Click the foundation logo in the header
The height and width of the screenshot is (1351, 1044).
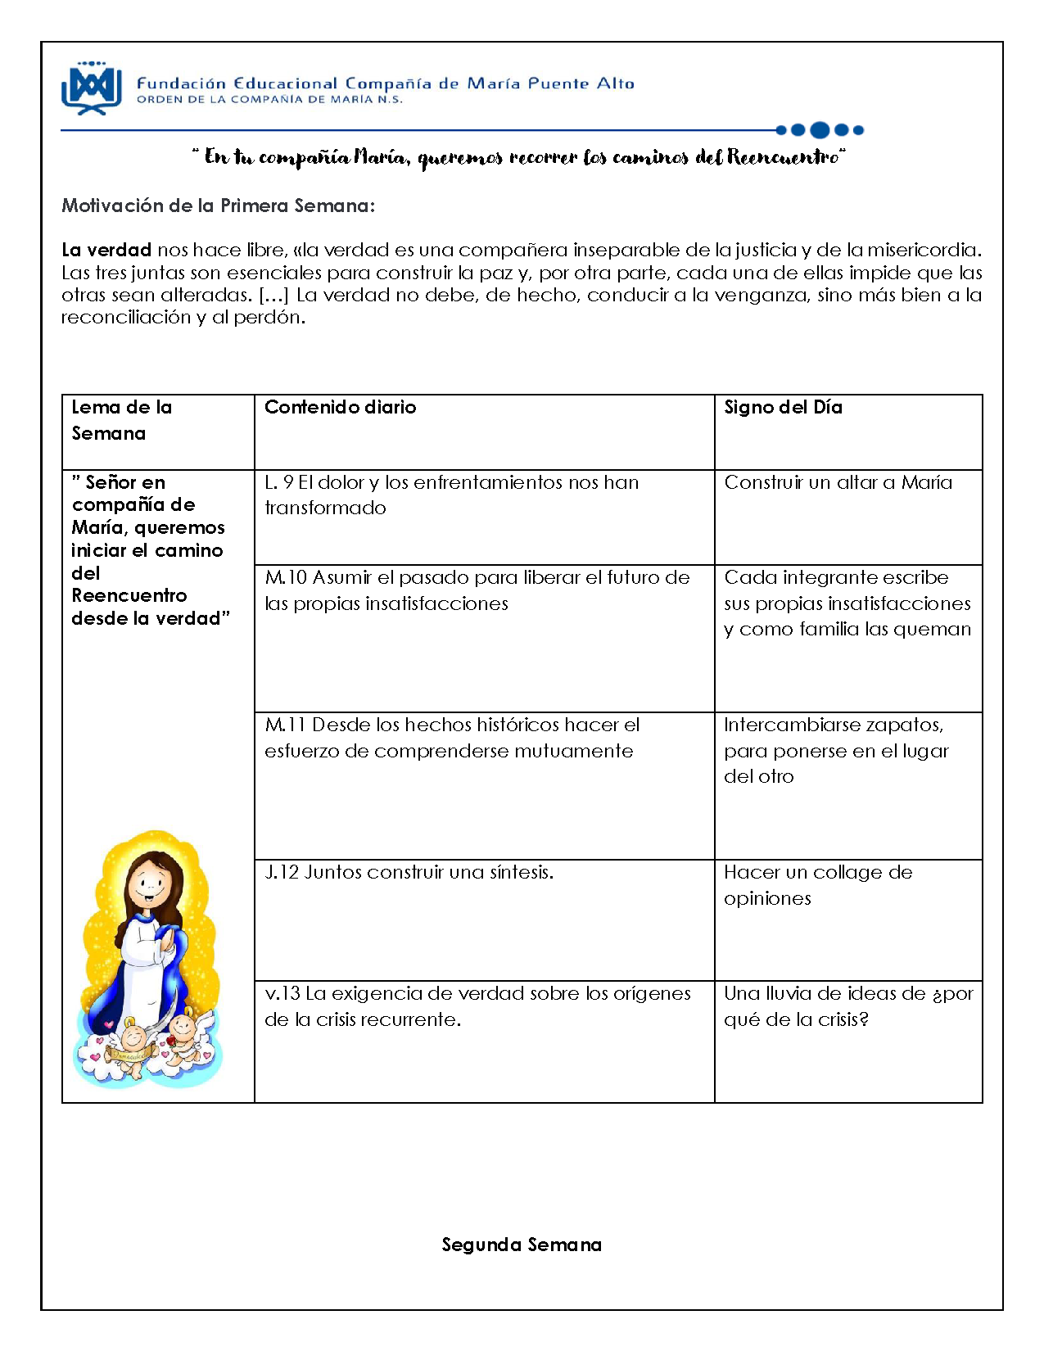[x=92, y=88]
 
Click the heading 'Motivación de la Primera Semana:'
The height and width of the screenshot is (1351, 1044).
[x=218, y=206]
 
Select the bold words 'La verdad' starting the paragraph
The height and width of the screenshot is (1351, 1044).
[x=106, y=250]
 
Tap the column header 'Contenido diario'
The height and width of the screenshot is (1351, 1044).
[x=340, y=407]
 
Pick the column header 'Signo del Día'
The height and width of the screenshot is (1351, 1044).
[x=783, y=407]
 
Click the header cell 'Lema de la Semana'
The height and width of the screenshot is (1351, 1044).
[x=121, y=420]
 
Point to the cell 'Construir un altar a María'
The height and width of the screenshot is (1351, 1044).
[x=838, y=482]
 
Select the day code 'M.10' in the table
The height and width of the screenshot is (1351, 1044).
[x=286, y=577]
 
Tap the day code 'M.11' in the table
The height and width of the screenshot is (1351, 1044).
[x=285, y=725]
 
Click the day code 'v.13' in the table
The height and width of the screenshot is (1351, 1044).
[x=282, y=993]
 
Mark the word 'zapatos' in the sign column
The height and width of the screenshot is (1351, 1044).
[x=904, y=725]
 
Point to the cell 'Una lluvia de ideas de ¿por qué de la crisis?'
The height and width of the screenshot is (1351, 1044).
[x=847, y=1006]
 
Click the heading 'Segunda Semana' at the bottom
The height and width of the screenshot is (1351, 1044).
[x=522, y=1245]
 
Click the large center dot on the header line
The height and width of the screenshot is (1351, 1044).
[x=820, y=129]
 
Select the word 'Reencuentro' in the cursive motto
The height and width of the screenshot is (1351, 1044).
[x=784, y=156]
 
